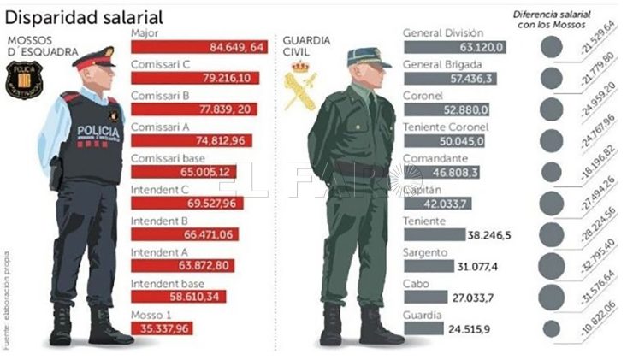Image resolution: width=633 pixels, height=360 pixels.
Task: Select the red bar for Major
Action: (198, 47)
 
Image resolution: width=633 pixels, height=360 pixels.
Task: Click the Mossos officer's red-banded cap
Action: (93, 58)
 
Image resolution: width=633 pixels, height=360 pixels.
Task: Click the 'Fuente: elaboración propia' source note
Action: (7, 299)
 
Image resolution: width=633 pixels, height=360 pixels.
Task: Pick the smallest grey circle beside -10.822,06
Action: (552, 328)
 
